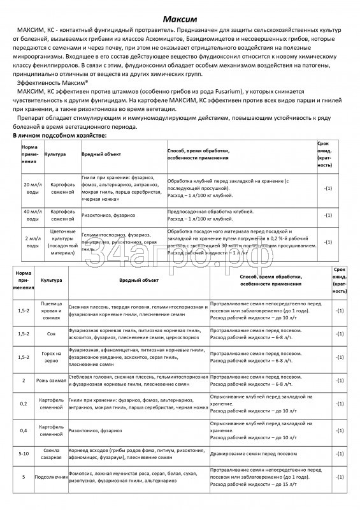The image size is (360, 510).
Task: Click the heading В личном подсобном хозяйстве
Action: pyautogui.click(x=60, y=136)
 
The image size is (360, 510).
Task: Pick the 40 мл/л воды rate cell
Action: pyautogui.click(x=31, y=215)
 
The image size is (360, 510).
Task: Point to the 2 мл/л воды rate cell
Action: pyautogui.click(x=31, y=242)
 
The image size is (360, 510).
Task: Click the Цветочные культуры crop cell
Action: pyautogui.click(x=62, y=242)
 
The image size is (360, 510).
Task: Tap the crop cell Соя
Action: pyautogui.click(x=51, y=334)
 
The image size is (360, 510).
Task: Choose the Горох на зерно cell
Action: pyautogui.click(x=51, y=357)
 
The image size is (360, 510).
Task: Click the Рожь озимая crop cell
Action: pyautogui.click(x=51, y=381)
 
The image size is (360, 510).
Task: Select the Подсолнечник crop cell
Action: pyautogui.click(x=51, y=477)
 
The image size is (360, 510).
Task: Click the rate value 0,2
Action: pyautogui.click(x=24, y=404)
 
